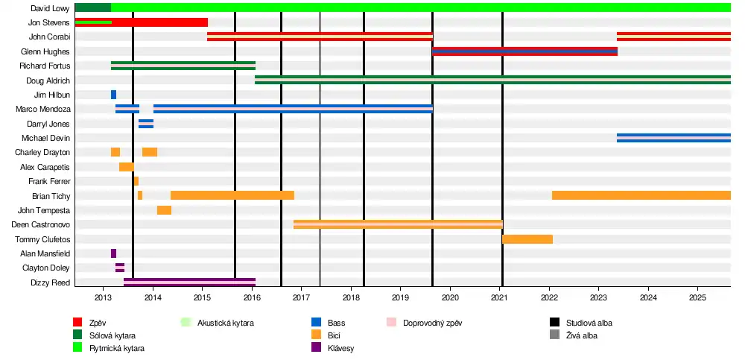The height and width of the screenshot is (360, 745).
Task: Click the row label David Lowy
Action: click(x=51, y=8)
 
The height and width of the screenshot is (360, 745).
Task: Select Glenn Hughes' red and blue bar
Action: click(x=524, y=51)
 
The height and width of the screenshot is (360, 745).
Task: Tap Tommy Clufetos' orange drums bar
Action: click(x=527, y=239)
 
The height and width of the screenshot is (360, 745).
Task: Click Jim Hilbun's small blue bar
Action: click(x=113, y=95)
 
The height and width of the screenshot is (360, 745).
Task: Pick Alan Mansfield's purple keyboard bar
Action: click(x=113, y=253)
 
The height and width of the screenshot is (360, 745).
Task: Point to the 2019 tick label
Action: click(x=400, y=297)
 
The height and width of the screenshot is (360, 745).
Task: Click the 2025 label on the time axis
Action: click(x=697, y=297)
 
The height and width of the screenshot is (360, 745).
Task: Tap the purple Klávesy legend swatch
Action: click(x=316, y=348)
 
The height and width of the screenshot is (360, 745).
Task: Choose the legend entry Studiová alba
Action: click(x=589, y=323)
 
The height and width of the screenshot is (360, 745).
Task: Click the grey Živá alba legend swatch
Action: click(x=554, y=335)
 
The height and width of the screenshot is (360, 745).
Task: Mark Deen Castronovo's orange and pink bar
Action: click(x=398, y=224)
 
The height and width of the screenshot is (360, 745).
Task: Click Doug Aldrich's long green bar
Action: click(x=492, y=80)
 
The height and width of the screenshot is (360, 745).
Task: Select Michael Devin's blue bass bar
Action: click(x=673, y=138)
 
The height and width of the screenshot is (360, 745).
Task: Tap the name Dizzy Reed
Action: click(x=50, y=282)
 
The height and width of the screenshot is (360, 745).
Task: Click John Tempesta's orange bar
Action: click(x=164, y=210)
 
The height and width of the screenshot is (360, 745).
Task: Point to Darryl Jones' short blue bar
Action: click(x=146, y=124)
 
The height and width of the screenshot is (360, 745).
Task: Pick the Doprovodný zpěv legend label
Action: click(x=429, y=323)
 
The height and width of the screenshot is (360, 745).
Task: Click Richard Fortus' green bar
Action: click(x=183, y=66)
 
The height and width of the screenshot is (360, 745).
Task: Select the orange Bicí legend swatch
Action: click(x=316, y=335)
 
